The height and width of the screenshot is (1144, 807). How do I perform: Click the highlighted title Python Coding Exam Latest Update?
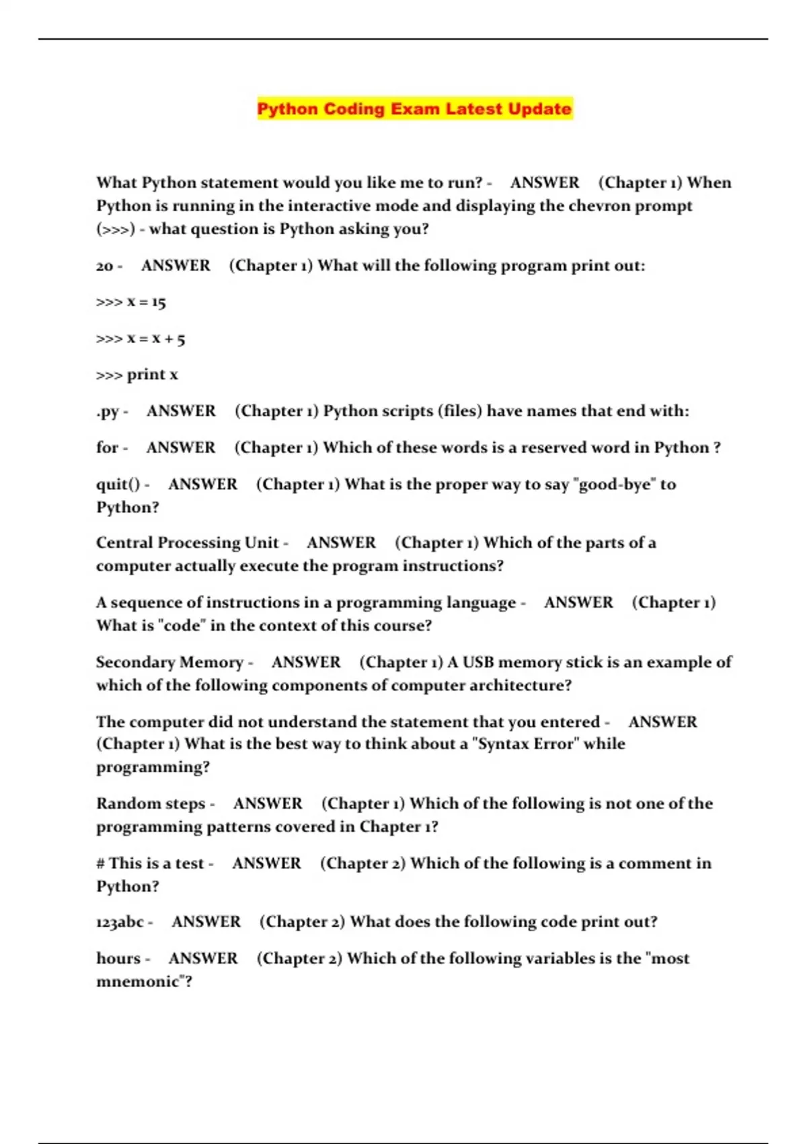click(414, 109)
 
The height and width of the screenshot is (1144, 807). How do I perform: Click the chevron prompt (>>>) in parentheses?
click(116, 229)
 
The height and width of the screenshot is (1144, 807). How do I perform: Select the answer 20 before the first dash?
click(104, 266)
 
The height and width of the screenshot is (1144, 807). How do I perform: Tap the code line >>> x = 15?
click(130, 302)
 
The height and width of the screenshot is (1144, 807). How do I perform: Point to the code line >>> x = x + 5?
click(140, 338)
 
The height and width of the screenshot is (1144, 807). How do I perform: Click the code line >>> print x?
click(137, 375)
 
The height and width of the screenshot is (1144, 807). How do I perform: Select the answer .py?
click(107, 411)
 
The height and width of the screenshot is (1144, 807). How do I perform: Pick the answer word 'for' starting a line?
click(107, 448)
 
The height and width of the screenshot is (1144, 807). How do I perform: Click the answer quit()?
click(118, 485)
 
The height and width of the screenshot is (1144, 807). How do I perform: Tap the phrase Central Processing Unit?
click(187, 543)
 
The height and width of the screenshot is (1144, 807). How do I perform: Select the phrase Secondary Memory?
click(169, 662)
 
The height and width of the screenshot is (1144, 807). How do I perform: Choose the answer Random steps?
click(151, 803)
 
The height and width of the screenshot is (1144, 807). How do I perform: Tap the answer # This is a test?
click(150, 863)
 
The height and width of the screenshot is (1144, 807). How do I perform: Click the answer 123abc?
click(120, 922)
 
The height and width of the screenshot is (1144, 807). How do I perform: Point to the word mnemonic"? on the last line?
click(144, 982)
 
